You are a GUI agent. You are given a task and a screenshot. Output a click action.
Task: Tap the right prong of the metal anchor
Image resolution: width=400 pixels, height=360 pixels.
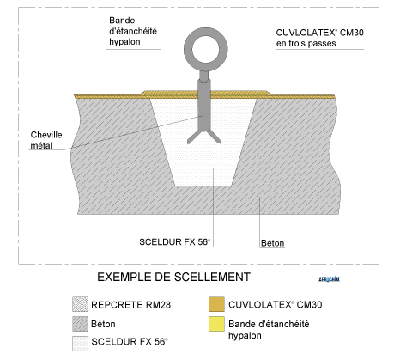pyautogui.click(x=215, y=137)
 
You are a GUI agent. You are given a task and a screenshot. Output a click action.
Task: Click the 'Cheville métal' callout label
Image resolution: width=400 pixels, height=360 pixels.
pyautogui.click(x=46, y=140)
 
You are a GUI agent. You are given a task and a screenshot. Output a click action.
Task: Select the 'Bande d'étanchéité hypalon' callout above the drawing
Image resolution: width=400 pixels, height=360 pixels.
pyautogui.click(x=133, y=31)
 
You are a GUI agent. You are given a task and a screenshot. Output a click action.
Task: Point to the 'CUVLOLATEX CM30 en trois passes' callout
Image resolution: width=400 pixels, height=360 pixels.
pyautogui.click(x=319, y=38)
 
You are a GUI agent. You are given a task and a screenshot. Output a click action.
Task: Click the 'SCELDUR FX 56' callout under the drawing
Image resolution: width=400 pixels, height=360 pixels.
pyautogui.click(x=174, y=242)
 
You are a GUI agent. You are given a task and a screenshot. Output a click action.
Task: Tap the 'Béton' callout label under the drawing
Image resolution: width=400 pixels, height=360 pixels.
pyautogui.click(x=272, y=243)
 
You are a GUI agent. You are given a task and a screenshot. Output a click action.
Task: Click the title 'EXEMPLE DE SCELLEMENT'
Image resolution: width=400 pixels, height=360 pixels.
pyautogui.click(x=173, y=277)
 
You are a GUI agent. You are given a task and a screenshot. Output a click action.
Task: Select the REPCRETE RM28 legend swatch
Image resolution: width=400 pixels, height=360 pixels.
pyautogui.click(x=80, y=304)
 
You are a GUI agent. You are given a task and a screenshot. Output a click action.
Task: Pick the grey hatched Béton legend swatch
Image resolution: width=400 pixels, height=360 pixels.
pyautogui.click(x=80, y=324)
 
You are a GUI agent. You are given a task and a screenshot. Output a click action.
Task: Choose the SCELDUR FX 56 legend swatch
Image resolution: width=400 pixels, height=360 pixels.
pyautogui.click(x=80, y=343)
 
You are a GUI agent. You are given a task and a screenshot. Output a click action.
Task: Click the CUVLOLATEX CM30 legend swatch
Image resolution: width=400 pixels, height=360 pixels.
pyautogui.click(x=216, y=304)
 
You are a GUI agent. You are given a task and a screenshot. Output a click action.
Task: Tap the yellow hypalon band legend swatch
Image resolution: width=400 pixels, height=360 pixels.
pyautogui.click(x=216, y=324)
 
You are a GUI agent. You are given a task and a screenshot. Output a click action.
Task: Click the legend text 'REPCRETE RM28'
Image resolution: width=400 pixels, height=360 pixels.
pyautogui.click(x=130, y=305)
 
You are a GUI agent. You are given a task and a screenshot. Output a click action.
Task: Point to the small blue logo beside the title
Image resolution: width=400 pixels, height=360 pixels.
pyautogui.click(x=330, y=279)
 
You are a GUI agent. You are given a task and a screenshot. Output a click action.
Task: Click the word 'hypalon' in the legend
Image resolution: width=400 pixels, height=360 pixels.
pyautogui.click(x=245, y=336)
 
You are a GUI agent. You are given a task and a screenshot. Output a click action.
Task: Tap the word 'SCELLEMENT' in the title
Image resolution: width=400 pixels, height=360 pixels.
pyautogui.click(x=212, y=277)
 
